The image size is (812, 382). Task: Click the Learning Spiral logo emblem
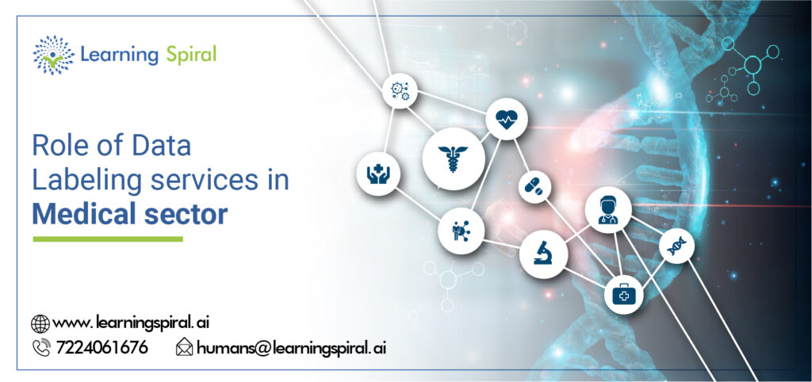click(x=53, y=55)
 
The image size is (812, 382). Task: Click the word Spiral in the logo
click(x=191, y=55)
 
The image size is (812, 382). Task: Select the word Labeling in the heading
click(x=79, y=181)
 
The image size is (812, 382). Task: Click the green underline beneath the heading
click(x=107, y=239)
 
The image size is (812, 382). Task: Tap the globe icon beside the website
click(x=40, y=323)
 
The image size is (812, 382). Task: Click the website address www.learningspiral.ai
click(x=131, y=323)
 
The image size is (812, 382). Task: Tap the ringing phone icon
click(x=40, y=347)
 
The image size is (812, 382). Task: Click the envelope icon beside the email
click(x=184, y=347)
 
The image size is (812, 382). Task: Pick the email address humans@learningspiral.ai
click(x=291, y=347)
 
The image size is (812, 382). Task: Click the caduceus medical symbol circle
click(x=453, y=153)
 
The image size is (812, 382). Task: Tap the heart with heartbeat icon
click(x=506, y=120)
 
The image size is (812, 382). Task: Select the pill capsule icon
click(x=534, y=187)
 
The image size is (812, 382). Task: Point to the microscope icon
click(x=543, y=254)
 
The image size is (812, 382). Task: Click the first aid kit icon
click(x=624, y=296)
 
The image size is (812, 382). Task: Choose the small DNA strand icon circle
click(x=676, y=246)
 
